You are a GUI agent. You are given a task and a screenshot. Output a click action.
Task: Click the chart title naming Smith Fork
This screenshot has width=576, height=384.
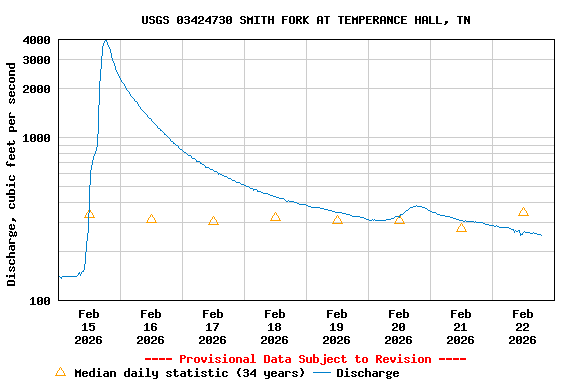click(306, 20)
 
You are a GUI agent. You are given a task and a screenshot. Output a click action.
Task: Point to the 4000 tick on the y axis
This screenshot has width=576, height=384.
click(38, 40)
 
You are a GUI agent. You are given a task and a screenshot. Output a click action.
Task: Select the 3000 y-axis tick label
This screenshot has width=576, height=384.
click(38, 60)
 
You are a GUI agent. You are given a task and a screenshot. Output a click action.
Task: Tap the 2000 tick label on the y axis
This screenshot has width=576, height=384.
click(38, 89)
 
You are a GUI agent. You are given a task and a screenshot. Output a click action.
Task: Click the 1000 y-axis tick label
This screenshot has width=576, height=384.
click(38, 138)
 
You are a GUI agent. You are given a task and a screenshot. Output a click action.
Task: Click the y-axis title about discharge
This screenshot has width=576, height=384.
click(12, 174)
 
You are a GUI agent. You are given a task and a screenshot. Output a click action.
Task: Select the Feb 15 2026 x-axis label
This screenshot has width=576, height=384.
click(89, 327)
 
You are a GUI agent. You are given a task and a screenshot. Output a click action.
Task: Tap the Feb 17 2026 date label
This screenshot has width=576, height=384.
click(213, 327)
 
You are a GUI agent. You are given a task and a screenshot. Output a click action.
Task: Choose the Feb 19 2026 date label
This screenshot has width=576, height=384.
click(337, 327)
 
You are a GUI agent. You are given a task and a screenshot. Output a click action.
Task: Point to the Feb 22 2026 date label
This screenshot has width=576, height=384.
click(523, 327)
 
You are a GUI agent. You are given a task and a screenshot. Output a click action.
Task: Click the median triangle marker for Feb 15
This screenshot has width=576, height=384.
click(89, 213)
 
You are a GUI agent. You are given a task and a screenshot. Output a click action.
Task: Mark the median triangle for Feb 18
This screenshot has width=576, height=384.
click(275, 217)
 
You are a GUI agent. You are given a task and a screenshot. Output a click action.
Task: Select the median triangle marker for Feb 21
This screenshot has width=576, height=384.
click(461, 227)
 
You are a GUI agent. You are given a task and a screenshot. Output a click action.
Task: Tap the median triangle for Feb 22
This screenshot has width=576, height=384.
click(523, 212)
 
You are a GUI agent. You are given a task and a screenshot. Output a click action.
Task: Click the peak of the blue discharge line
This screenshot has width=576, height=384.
click(106, 40)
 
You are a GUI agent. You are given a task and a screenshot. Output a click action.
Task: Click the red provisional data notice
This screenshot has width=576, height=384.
click(305, 359)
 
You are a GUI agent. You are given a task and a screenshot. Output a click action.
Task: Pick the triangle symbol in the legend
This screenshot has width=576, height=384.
click(60, 372)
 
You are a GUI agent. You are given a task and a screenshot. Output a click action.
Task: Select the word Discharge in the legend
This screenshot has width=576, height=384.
click(367, 373)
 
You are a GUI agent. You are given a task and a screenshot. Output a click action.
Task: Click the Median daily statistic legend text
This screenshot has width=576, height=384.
click(190, 373)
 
